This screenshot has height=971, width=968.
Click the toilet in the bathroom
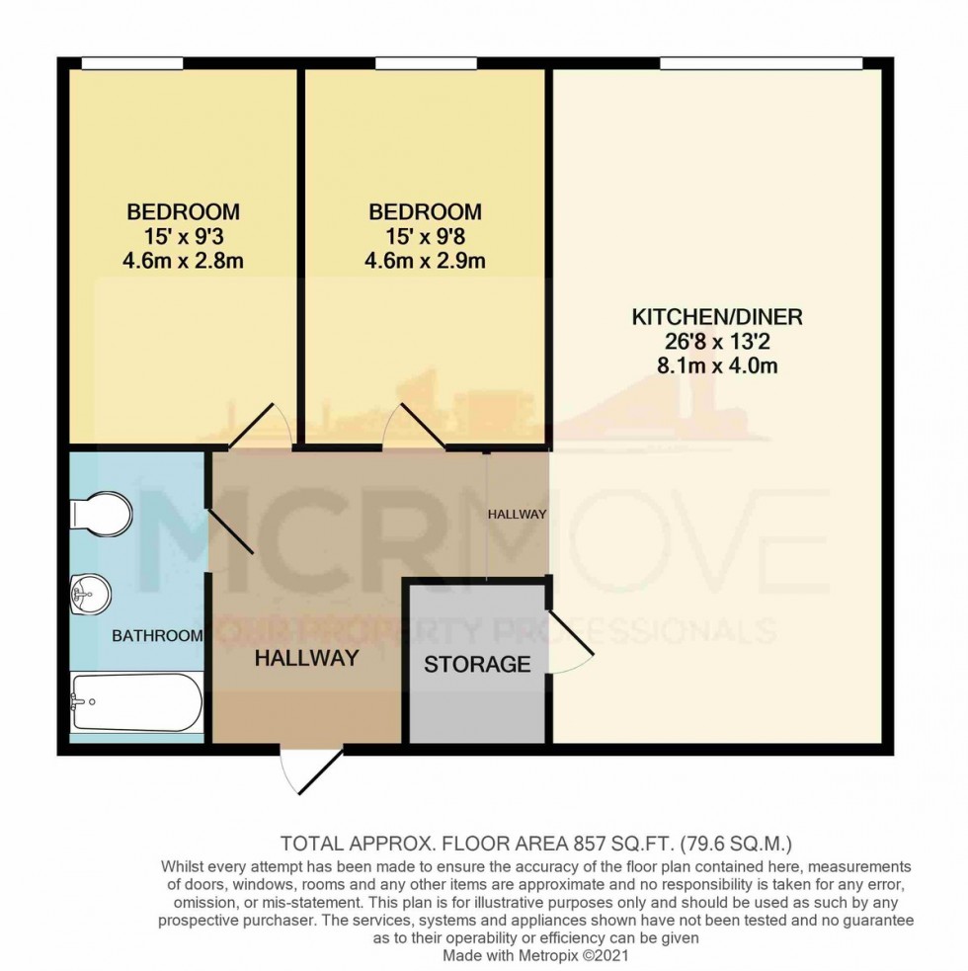click(x=101, y=513)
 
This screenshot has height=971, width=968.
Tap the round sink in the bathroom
click(x=91, y=595)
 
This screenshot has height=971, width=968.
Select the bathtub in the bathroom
click(x=136, y=703)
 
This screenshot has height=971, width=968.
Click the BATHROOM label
click(x=157, y=635)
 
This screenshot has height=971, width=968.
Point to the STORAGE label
click(x=477, y=665)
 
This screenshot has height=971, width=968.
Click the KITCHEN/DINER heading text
click(x=717, y=317)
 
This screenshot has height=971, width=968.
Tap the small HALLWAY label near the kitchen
click(x=518, y=514)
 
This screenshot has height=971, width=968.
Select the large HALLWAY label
click(x=307, y=658)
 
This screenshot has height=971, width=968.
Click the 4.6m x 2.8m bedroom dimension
click(x=183, y=261)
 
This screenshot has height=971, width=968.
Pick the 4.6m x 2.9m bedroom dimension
click(x=425, y=261)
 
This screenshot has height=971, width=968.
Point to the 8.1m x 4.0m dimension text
click(x=717, y=365)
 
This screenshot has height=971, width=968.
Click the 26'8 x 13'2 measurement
click(x=717, y=341)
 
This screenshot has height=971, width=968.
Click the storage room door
click(x=570, y=631)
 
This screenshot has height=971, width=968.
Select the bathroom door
click(x=230, y=530)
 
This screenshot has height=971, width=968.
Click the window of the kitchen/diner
click(x=762, y=63)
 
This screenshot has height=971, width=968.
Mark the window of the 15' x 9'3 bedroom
click(x=132, y=63)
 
